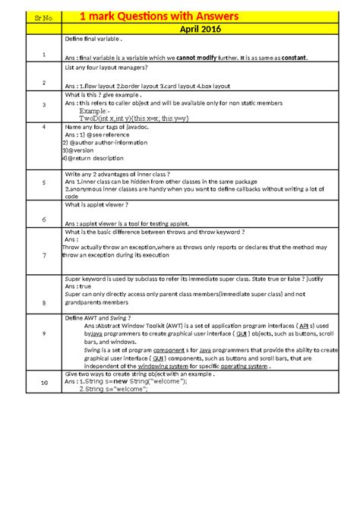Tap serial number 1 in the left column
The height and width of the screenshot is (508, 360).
[44, 55]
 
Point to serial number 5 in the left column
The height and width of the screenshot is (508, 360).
[44, 183]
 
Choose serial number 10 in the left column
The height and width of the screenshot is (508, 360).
[44, 381]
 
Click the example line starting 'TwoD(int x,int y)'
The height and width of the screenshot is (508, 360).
[130, 119]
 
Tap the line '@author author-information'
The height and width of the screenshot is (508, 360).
[106, 142]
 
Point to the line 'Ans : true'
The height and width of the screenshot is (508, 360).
[78, 286]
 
